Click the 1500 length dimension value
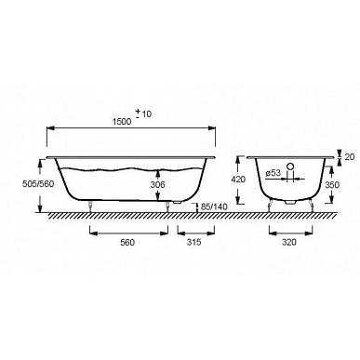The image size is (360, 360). (122, 122)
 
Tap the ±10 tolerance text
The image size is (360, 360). (143, 113)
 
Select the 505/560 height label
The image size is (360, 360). (38, 184)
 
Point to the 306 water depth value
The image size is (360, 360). (157, 185)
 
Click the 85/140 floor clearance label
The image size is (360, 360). (214, 207)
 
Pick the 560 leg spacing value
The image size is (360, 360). (127, 242)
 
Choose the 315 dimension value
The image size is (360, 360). (193, 242)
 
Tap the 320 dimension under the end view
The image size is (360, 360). (289, 242)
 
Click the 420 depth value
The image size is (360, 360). (238, 180)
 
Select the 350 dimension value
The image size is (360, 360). (332, 185)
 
